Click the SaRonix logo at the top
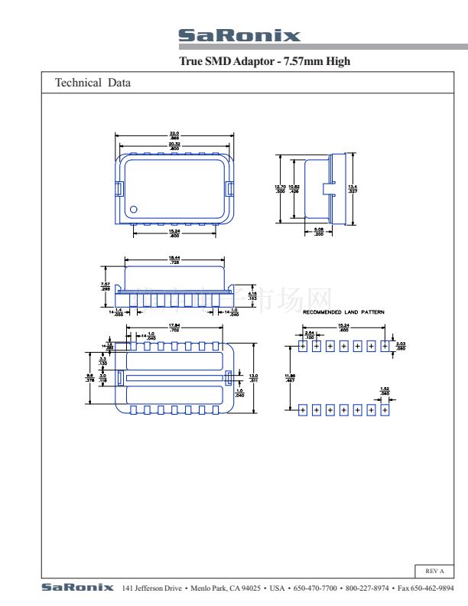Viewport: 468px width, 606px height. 239,36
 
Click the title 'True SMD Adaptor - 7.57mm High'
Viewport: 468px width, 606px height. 264,61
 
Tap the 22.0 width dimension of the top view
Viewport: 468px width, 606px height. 174,135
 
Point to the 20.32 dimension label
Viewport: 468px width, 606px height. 174,145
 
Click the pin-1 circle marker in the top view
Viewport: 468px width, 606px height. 133,209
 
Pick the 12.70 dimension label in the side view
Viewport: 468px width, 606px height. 280,188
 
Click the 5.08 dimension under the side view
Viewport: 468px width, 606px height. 319,231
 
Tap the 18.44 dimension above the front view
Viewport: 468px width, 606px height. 174,259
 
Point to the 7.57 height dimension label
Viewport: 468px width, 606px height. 105,287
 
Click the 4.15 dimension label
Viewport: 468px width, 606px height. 252,307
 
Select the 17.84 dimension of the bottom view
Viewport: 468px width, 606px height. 174,327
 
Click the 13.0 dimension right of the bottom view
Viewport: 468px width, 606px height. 253,376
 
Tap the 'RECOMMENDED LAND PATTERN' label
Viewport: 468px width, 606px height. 343,312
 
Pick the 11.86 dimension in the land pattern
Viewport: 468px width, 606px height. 289,376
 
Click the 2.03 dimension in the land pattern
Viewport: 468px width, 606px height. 401,346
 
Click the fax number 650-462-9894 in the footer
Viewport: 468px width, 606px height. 433,588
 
